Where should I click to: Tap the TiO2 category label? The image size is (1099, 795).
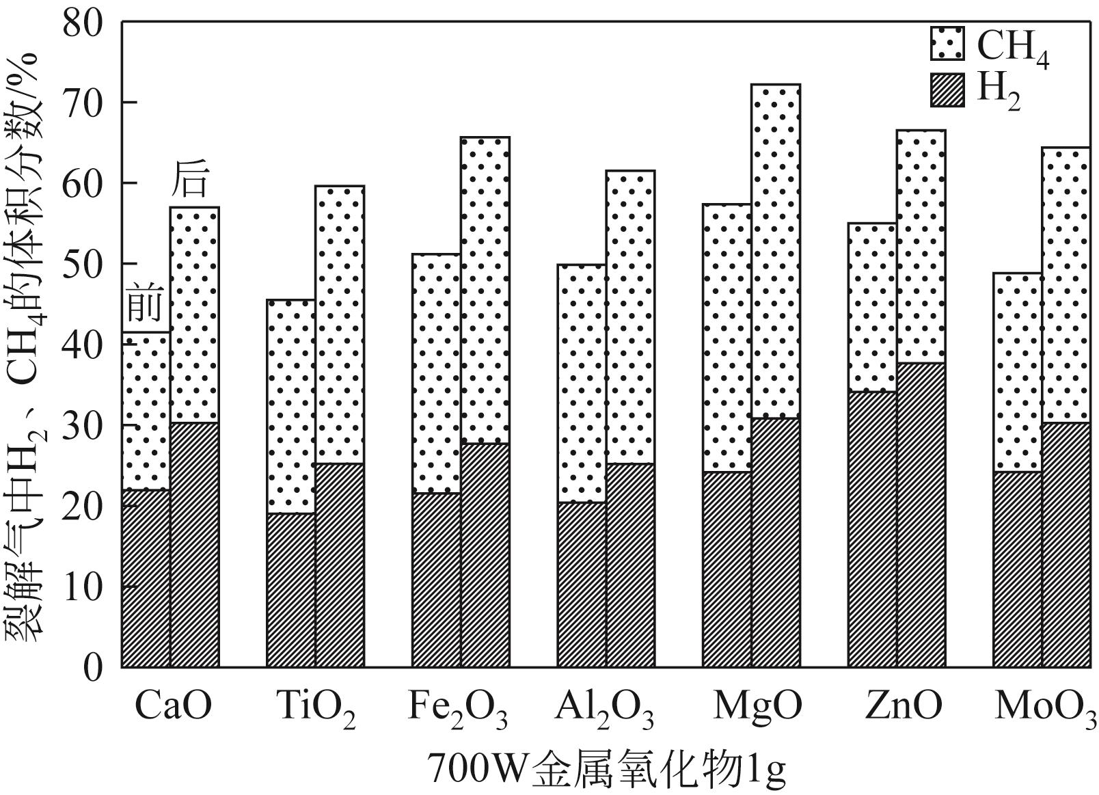[316, 708]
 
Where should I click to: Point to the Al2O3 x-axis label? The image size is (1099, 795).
[604, 708]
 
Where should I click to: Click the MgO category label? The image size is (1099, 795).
[757, 707]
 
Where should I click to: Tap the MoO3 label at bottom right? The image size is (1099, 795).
[1045, 708]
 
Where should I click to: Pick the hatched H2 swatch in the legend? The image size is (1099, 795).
[947, 90]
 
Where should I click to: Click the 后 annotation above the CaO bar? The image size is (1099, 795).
[189, 180]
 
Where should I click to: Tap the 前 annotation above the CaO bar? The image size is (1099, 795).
[145, 305]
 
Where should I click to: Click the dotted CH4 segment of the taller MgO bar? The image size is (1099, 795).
[776, 251]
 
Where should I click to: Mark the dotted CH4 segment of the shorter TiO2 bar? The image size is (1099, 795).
[291, 406]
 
